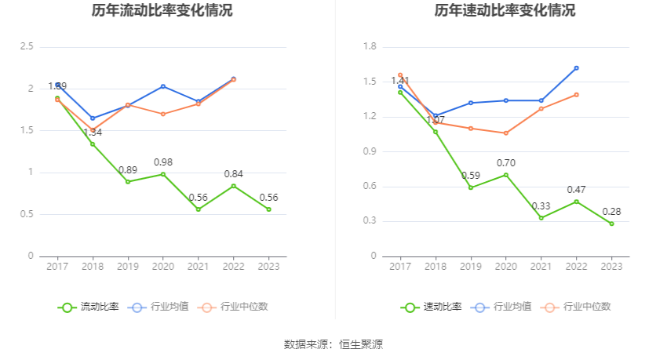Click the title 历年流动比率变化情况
point(162,11)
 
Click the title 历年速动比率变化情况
point(505,11)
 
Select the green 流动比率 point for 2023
point(268,209)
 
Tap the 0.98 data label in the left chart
point(163,162)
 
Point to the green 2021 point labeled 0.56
point(199,209)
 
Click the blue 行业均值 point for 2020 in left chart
point(163,86)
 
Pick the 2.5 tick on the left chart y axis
point(27,47)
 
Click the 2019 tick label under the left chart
point(128,267)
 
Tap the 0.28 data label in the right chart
point(612,212)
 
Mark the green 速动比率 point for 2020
point(506,174)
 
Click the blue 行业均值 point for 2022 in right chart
point(576,68)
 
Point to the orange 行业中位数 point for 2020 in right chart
point(506,133)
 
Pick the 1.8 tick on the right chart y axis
point(368,47)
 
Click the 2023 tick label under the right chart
point(611,267)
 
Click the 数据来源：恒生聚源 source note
point(333,344)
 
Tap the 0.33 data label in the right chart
point(541,205)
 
